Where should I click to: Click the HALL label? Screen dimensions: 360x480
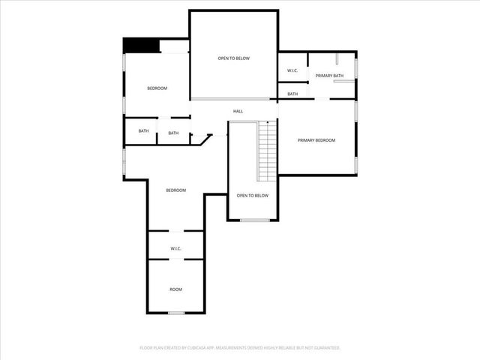[x=238, y=112]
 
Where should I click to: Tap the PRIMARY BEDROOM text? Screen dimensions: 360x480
[x=316, y=140]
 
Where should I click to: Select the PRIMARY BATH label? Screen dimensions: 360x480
[x=329, y=76]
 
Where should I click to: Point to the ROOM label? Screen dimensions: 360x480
[x=175, y=289]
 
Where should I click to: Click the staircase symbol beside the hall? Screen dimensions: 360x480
[x=268, y=150]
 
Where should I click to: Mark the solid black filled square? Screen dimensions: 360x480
[x=139, y=46]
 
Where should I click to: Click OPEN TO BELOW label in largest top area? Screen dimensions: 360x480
[x=233, y=58]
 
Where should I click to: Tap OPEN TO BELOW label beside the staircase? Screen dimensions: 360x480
[x=252, y=196]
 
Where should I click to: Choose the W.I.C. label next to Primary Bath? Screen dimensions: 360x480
[x=292, y=71]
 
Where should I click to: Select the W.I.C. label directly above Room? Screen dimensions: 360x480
[x=175, y=248]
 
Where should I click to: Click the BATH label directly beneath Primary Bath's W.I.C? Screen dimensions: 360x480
[x=292, y=94]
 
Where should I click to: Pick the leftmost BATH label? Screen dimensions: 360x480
[x=143, y=131]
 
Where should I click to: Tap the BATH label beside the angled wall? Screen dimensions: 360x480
[x=173, y=133]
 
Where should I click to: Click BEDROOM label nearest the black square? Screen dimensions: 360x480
[x=157, y=88]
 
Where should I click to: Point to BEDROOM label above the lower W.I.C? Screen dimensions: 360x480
[x=175, y=190]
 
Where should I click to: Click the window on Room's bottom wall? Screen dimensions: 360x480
[x=175, y=313]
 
